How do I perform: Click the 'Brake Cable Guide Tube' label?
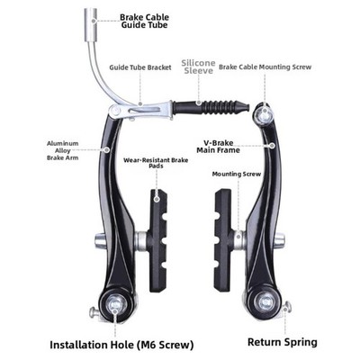pyautogui.click(x=145, y=21)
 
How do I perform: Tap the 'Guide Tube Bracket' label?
pyautogui.click(x=140, y=67)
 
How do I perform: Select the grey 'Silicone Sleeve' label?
pyautogui.click(x=199, y=67)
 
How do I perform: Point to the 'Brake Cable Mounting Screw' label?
pyautogui.click(x=265, y=67)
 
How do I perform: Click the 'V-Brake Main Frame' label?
pyautogui.click(x=218, y=147)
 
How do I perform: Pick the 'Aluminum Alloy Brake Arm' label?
pyautogui.click(x=63, y=150)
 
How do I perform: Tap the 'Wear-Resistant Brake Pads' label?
pyautogui.click(x=156, y=163)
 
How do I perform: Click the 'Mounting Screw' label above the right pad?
pyautogui.click(x=237, y=174)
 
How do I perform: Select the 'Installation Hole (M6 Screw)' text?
pyautogui.click(x=121, y=345)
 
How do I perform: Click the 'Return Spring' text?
pyautogui.click(x=283, y=342)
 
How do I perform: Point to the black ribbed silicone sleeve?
pyautogui.click(x=211, y=106)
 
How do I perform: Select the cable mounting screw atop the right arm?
pyautogui.click(x=265, y=113)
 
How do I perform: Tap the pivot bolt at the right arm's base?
pyautogui.click(x=265, y=301)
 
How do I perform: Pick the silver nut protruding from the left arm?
pyautogui.click(x=100, y=240)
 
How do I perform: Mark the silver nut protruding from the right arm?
pyautogui.click(x=280, y=239)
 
